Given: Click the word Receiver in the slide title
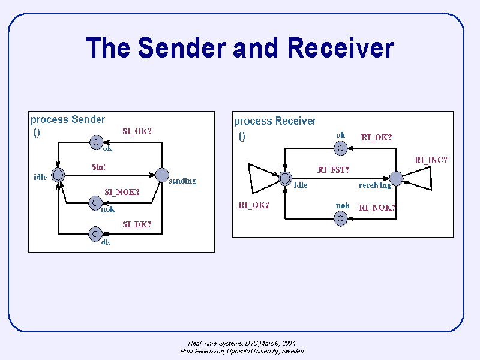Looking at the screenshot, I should [x=341, y=47].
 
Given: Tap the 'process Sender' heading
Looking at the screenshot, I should [x=68, y=119].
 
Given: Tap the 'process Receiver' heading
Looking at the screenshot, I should [x=275, y=121].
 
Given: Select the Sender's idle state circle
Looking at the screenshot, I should [x=58, y=175].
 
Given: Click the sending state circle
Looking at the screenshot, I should [x=162, y=175].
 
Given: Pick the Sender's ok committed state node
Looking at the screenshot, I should [x=95, y=142].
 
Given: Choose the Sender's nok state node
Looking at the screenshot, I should [x=95, y=203].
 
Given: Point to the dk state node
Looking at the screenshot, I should [x=95, y=233].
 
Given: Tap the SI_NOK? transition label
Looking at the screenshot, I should [x=122, y=192].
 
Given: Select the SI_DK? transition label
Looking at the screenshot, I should [x=137, y=224].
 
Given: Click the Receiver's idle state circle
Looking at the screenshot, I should [x=285, y=178].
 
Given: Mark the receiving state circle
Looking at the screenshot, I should [x=396, y=178].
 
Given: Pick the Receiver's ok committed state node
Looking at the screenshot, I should [x=340, y=148].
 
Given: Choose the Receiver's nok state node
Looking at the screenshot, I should [x=340, y=218].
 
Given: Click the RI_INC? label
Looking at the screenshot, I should [x=431, y=160].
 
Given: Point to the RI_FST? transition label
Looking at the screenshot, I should [x=333, y=170].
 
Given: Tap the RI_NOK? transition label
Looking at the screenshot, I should [x=377, y=208].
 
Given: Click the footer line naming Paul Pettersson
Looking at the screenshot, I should [x=242, y=351].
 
